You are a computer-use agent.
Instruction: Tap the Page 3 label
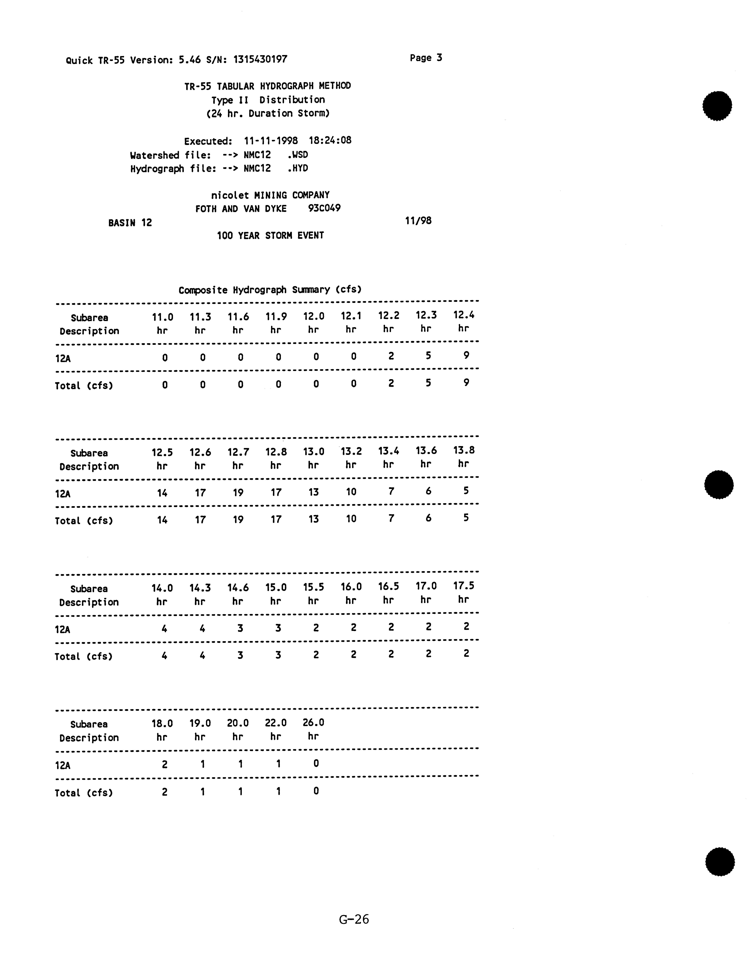tap(426, 58)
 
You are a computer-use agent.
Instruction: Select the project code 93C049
tap(324, 208)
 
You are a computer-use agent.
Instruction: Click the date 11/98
tap(418, 221)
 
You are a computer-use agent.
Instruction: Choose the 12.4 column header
tap(464, 315)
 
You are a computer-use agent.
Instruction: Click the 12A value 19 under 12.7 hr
tap(238, 493)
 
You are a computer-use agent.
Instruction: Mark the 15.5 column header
tap(313, 587)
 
